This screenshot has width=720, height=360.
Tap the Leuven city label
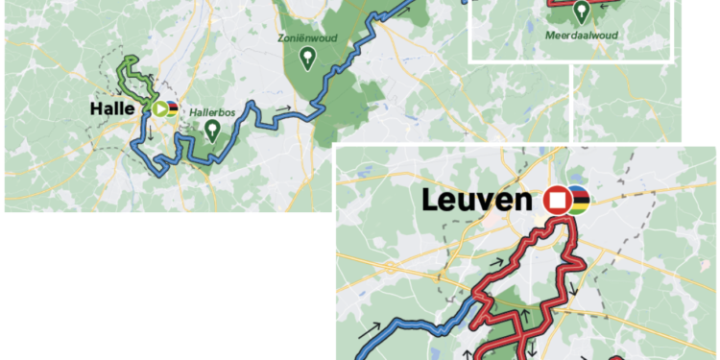click(477, 201)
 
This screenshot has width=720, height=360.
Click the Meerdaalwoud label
click(580, 36)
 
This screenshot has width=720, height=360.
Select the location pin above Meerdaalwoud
click(581, 12)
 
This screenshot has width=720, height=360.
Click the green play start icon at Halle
click(158, 108)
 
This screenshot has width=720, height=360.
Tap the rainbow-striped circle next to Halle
click(173, 108)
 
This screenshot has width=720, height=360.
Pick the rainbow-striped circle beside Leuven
click(577, 201)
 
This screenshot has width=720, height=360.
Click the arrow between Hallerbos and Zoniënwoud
click(286, 108)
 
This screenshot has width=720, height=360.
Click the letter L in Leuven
click(430, 201)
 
